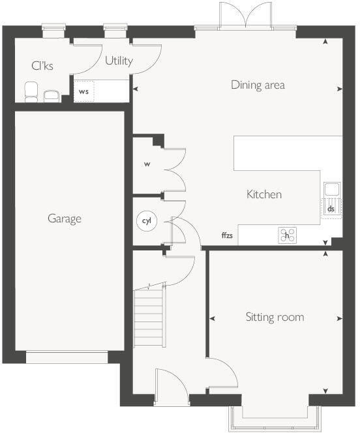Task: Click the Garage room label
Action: (x=65, y=218)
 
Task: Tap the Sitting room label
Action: (x=275, y=318)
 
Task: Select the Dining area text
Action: (x=258, y=85)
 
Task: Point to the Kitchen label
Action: (x=264, y=194)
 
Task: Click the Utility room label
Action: (x=119, y=61)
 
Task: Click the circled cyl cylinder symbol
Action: (x=146, y=221)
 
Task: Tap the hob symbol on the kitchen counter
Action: (x=286, y=235)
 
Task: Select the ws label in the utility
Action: (x=84, y=91)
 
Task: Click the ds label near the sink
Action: (x=331, y=209)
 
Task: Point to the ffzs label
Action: (x=228, y=235)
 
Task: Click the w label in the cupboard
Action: (x=147, y=164)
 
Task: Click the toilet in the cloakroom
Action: (x=31, y=91)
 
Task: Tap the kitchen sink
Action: (x=331, y=190)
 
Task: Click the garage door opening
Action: (x=67, y=357)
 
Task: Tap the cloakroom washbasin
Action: (x=52, y=97)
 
